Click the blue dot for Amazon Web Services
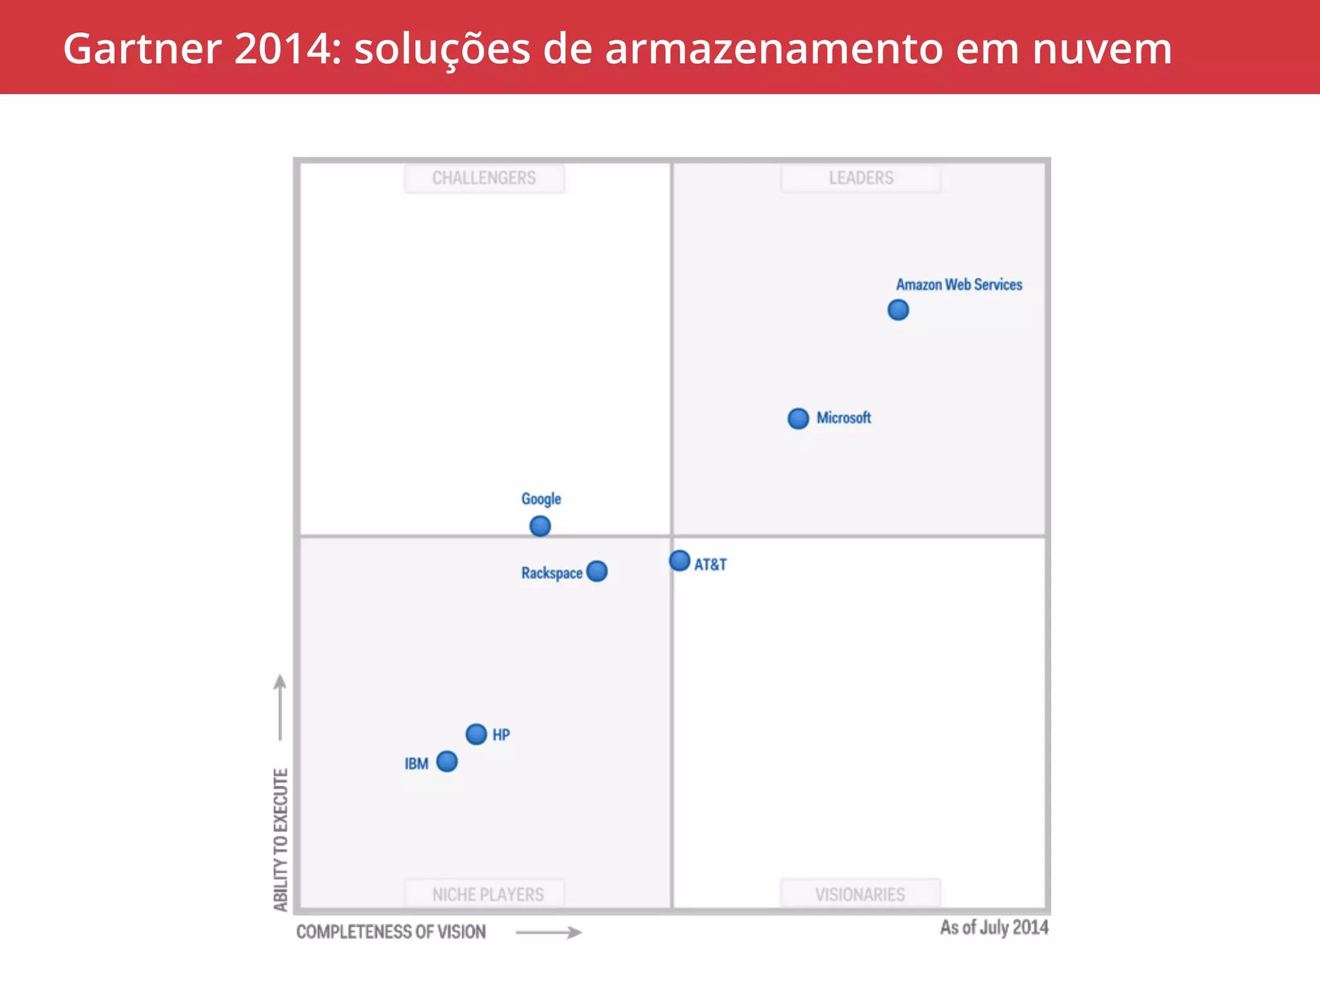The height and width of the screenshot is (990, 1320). tap(898, 310)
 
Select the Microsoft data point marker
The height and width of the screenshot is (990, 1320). tap(798, 418)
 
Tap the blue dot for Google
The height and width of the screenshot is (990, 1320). tap(540, 526)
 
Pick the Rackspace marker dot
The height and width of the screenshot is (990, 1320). tap(597, 571)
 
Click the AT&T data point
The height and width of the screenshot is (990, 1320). tap(679, 561)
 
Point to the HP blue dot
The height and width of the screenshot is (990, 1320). tap(476, 733)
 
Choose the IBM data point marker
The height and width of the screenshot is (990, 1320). tap(447, 761)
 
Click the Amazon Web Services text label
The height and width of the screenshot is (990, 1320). tap(958, 285)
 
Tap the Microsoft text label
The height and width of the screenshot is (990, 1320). tap(844, 418)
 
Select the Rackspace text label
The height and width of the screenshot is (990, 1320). tap(552, 573)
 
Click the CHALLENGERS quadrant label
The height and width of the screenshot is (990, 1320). tap(484, 178)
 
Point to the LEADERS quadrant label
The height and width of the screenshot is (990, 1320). tap(861, 178)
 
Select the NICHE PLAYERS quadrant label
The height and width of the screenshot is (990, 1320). tap(488, 895)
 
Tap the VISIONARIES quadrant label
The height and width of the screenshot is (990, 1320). tap(860, 895)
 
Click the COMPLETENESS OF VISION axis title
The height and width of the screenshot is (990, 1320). tap(391, 932)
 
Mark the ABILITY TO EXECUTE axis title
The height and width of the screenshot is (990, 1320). tap(280, 839)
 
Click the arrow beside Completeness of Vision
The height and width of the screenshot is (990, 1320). tap(548, 932)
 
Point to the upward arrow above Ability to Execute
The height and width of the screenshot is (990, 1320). tap(280, 707)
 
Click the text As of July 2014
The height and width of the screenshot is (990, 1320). tap(994, 927)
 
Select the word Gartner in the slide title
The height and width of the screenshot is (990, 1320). tap(142, 49)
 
